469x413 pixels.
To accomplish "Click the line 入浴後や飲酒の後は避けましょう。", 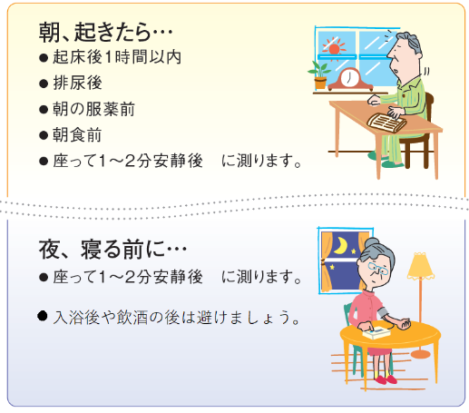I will (176, 319).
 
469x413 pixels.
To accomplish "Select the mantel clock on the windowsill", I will (349, 77).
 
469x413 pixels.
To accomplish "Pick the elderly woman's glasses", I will (376, 270).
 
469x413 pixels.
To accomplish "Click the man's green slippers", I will (393, 161).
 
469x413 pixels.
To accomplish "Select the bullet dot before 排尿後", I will (43, 84).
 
